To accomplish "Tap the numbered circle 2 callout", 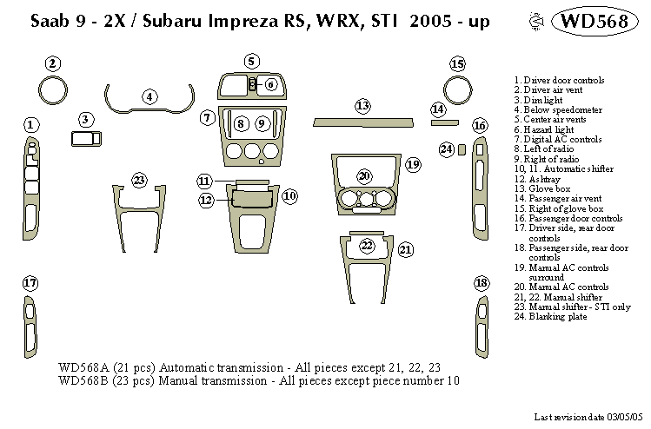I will [53, 63].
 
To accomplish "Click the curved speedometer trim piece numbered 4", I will [149, 108].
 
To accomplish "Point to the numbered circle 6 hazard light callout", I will [270, 84].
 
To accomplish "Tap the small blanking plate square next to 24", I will [463, 149].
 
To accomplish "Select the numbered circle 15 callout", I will [457, 63].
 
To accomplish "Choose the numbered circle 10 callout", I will [289, 196].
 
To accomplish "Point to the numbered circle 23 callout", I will [139, 181].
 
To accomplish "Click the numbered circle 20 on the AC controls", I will [364, 175].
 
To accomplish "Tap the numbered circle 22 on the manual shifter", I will [367, 245].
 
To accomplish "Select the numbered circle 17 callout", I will [30, 283].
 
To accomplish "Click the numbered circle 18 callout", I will [482, 283].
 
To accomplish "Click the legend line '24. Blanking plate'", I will [550, 317].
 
